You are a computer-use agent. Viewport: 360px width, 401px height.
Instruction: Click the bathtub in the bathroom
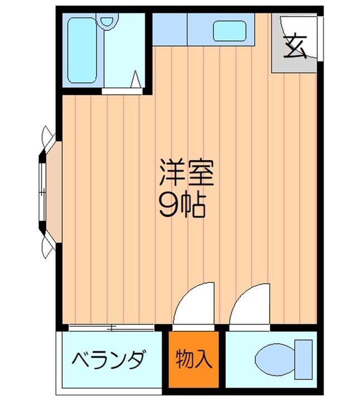coord(81,50)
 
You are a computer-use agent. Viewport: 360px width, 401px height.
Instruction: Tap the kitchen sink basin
coord(229,32)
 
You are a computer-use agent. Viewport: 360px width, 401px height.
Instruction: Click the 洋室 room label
coord(186,173)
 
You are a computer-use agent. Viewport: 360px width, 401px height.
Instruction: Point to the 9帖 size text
coord(181,206)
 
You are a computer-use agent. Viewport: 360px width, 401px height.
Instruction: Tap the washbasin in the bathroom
coord(107,22)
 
